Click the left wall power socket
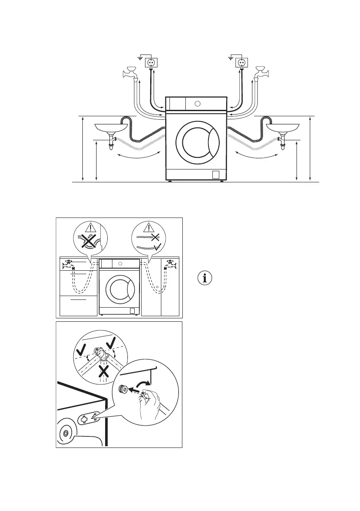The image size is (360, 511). (151, 63)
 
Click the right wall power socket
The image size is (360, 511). (241, 63)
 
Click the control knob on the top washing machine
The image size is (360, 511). (197, 103)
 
